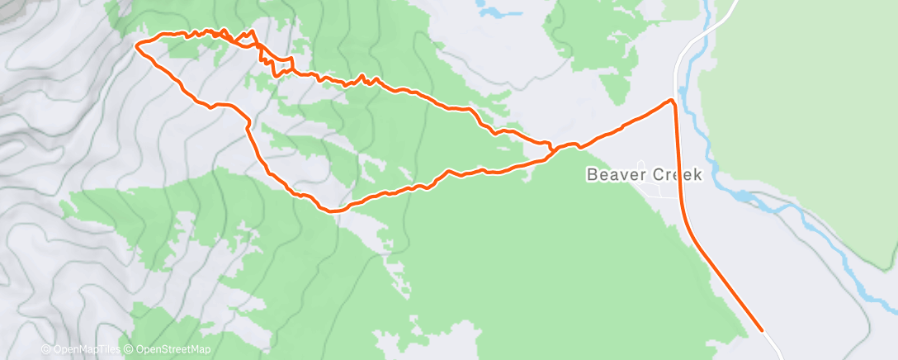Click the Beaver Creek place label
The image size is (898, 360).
pyautogui.click(x=644, y=175)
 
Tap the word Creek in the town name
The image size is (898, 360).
pyautogui.click(x=674, y=175)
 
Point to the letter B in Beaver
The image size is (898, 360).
pyautogui.click(x=592, y=175)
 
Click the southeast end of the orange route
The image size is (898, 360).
pyautogui.click(x=761, y=330)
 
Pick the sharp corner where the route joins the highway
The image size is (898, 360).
pyautogui.click(x=673, y=101)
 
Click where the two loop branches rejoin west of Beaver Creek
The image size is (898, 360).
pyautogui.click(x=551, y=149)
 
